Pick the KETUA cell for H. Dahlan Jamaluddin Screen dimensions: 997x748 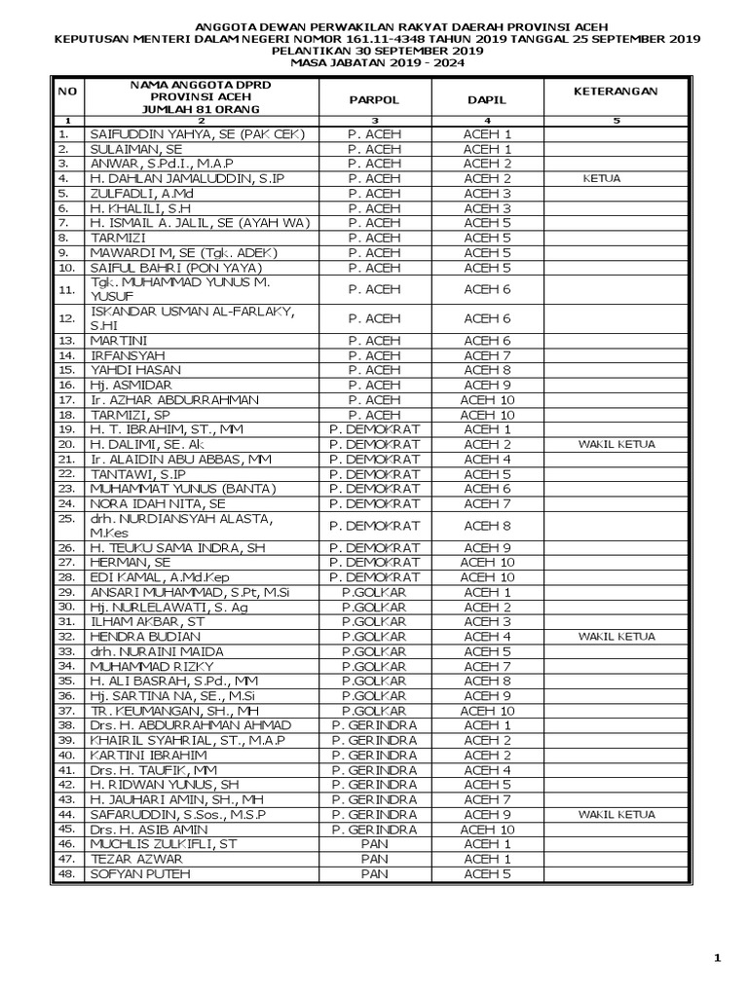[602, 179]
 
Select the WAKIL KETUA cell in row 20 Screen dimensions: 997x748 [616, 444]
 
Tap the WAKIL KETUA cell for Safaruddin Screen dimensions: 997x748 [616, 814]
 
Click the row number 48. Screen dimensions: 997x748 [66, 875]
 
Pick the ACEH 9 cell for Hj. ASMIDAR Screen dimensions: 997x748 [487, 385]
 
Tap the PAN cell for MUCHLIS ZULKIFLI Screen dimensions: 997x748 [374, 844]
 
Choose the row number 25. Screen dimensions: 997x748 [66, 519]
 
